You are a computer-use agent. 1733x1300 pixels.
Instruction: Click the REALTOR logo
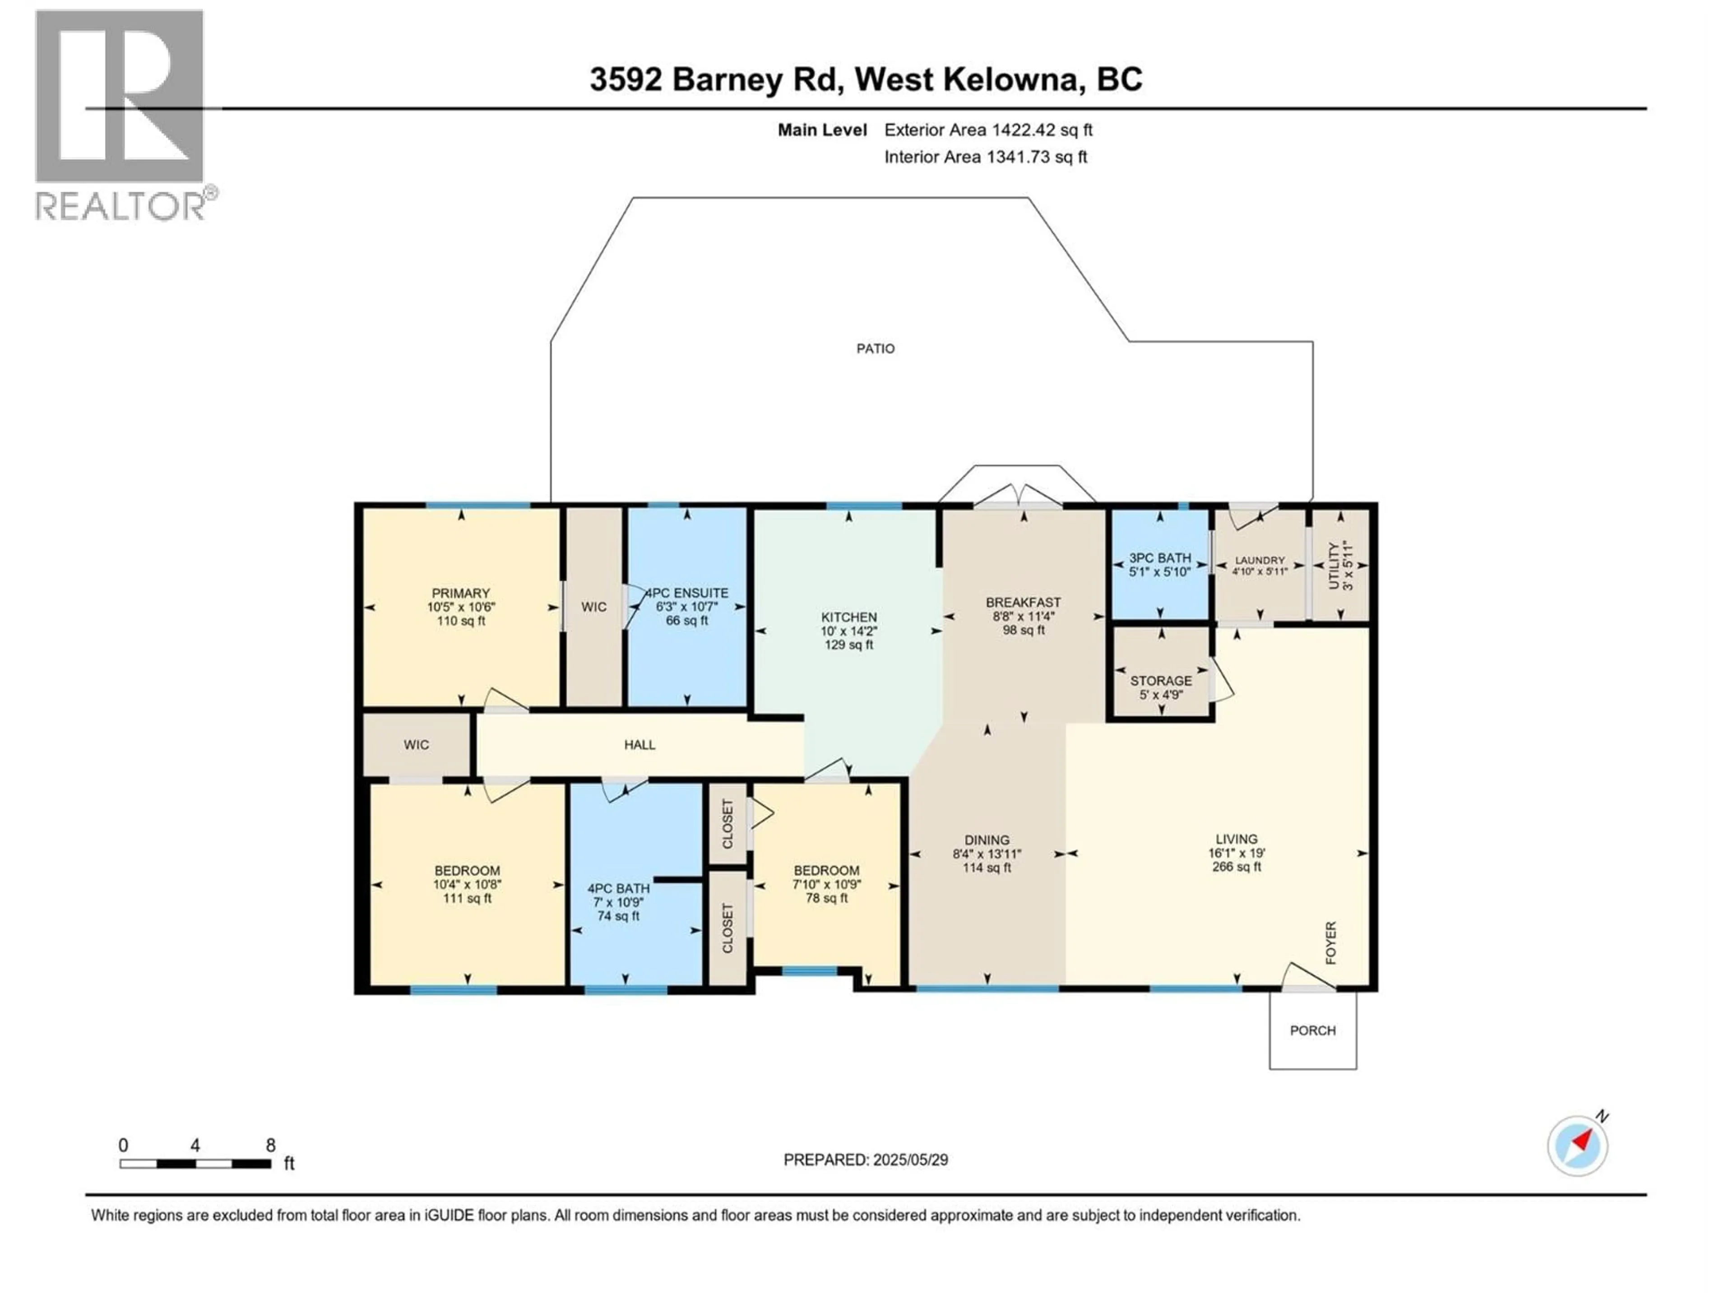click(121, 114)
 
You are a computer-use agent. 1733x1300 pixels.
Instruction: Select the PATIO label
click(875, 349)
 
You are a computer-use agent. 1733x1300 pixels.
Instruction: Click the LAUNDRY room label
click(1260, 560)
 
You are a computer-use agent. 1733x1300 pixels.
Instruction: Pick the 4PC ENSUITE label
click(686, 593)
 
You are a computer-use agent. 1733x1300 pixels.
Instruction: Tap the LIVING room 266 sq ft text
click(1236, 867)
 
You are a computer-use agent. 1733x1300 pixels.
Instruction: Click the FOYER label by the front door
click(1330, 942)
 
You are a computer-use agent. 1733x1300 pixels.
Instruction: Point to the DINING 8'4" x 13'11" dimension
click(987, 854)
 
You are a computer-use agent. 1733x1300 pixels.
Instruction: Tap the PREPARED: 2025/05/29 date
click(865, 1160)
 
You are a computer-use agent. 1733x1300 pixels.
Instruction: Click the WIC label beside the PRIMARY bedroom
click(594, 607)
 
